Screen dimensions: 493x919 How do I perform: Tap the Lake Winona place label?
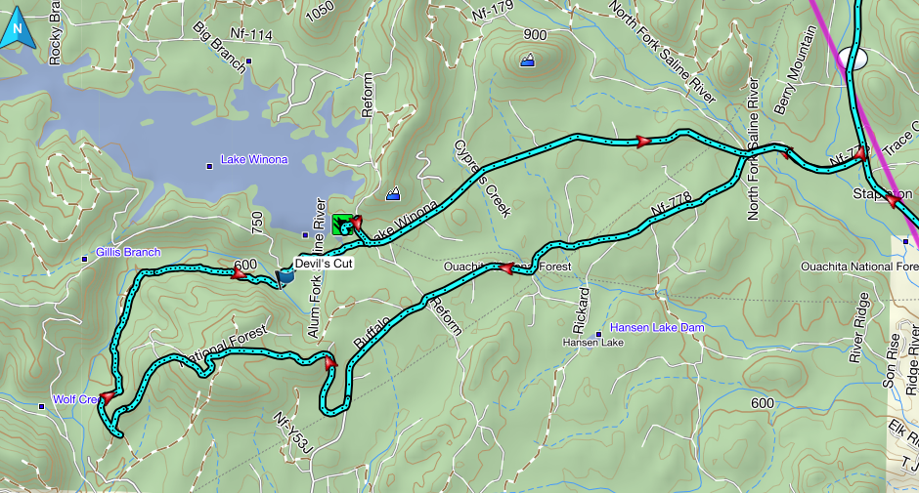pos(253,159)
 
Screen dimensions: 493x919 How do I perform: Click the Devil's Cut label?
pos(324,263)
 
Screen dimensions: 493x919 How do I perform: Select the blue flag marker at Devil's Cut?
pos(285,277)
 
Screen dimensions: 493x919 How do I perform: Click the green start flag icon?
pos(341,225)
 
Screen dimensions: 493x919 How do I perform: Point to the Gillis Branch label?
pos(127,253)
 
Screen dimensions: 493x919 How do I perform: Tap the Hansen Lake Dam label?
pos(656,327)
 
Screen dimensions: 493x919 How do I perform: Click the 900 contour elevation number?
pos(535,35)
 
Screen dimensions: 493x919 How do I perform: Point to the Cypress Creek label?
pos(482,178)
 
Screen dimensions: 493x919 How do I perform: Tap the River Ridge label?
pos(857,338)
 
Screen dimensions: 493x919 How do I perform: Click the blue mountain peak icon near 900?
pos(528,61)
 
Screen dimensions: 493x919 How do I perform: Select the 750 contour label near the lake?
pos(257,223)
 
